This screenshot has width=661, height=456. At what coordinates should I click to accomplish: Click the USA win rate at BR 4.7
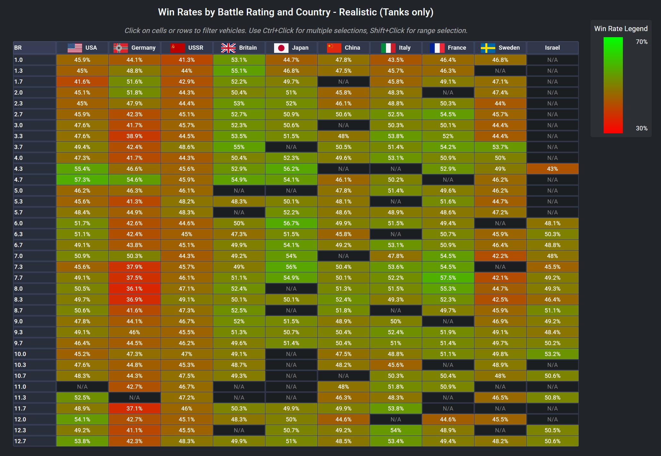coord(82,180)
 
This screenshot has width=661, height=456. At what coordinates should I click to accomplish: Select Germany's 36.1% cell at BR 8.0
coord(134,289)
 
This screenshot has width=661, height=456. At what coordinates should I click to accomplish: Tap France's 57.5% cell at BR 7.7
coord(448,278)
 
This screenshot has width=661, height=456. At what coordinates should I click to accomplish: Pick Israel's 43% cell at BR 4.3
coord(552,169)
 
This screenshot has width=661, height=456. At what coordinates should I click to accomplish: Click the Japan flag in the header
coord(281,48)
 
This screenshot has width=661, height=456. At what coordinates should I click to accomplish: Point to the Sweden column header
coord(500,48)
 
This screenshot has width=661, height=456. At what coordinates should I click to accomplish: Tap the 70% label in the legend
coord(641,42)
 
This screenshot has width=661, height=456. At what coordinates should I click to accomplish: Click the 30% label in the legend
coord(641,128)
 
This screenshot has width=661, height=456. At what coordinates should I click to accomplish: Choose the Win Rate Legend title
coord(621,29)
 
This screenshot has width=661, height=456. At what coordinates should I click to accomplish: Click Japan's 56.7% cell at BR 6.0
coord(291,223)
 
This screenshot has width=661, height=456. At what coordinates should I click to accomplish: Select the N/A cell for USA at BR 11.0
coord(82,387)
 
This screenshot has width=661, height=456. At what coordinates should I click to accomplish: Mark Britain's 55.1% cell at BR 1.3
coord(239,71)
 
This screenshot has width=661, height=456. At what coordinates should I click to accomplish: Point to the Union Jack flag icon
coord(228,48)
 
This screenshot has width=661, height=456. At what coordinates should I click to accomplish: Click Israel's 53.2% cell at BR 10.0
coord(552,354)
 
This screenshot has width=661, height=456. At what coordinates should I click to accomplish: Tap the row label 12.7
coord(20,441)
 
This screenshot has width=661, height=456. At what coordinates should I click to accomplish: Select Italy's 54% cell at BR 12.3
coord(396,430)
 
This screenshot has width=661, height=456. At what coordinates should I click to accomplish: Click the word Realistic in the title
coord(358,12)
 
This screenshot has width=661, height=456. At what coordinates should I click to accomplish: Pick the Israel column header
coord(552,48)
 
